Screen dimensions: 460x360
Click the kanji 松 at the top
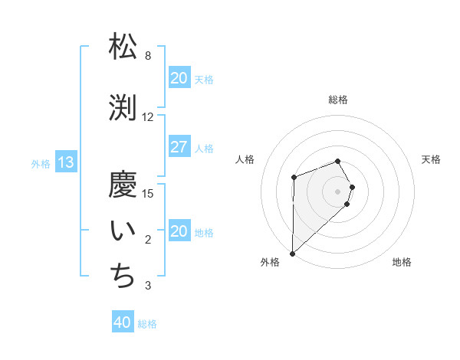coord(123,46)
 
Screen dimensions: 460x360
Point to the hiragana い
coord(123,230)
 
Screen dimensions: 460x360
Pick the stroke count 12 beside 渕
coord(148,117)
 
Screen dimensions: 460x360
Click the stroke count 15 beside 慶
coord(148,193)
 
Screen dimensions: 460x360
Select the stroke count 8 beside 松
coord(148,56)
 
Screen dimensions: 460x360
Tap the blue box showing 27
coord(179,147)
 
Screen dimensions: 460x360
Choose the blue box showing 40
coord(123,322)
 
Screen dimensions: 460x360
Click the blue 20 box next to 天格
coord(179,78)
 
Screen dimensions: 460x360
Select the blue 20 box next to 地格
coord(179,231)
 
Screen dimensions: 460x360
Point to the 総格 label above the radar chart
coord(338,100)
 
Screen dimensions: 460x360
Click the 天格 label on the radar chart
coord(432,159)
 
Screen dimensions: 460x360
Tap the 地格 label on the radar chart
coord(402,262)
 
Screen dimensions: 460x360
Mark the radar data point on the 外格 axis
coord(292,253)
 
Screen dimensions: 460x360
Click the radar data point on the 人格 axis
coord(294,178)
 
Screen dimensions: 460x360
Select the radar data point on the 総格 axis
coord(338,161)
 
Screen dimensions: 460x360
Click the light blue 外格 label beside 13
coord(41,163)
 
